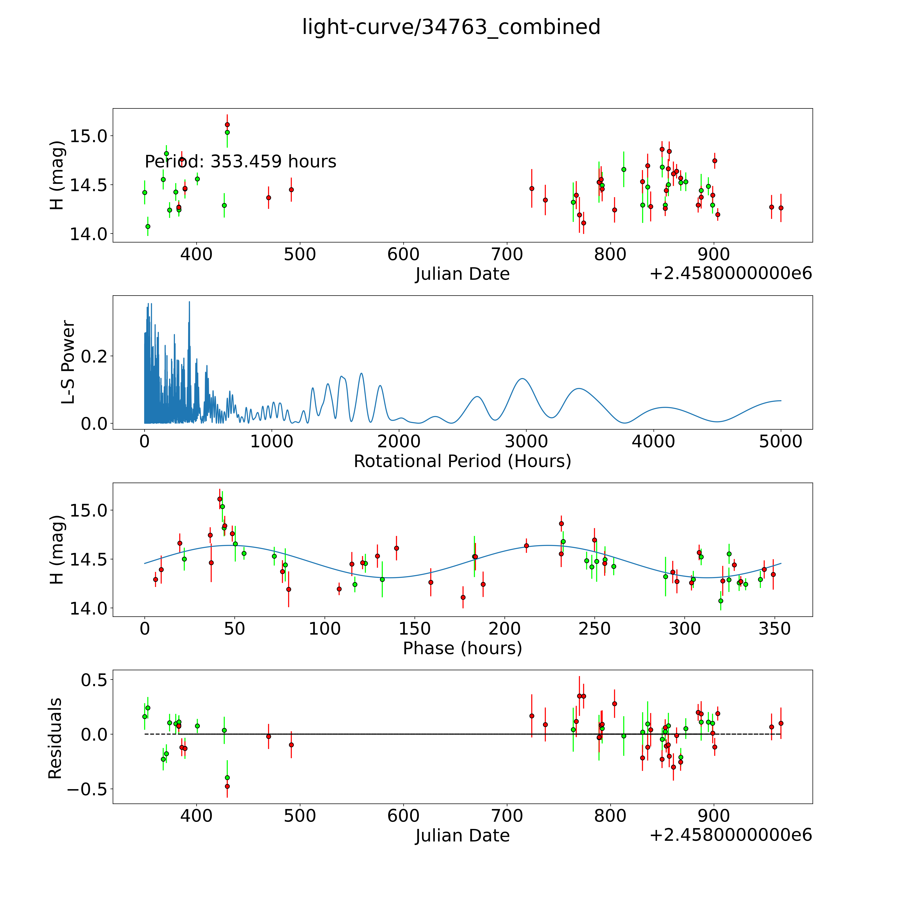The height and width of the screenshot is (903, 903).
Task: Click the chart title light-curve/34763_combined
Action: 451,27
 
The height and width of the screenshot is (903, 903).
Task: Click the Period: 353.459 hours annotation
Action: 240,162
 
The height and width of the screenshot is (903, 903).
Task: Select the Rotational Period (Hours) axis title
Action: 462,461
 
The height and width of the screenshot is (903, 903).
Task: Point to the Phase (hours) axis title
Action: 462,648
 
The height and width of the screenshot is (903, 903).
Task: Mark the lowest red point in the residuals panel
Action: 227,786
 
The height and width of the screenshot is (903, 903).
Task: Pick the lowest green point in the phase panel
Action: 721,601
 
